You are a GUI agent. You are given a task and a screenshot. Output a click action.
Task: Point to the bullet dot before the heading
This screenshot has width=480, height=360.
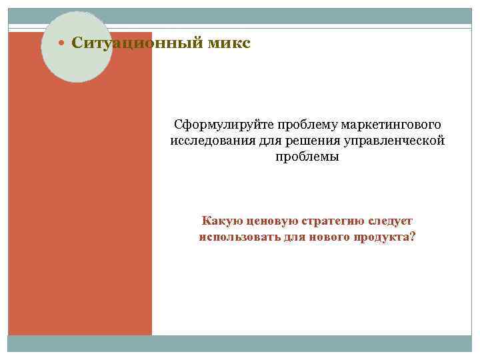(61, 44)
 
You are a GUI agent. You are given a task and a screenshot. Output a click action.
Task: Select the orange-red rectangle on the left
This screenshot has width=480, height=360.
(80, 213)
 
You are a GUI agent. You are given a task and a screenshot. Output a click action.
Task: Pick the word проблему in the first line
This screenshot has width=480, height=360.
(301, 125)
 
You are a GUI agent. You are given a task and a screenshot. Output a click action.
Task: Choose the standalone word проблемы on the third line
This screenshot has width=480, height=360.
(307, 157)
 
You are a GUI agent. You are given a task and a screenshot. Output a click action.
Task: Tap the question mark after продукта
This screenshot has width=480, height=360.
(411, 237)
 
